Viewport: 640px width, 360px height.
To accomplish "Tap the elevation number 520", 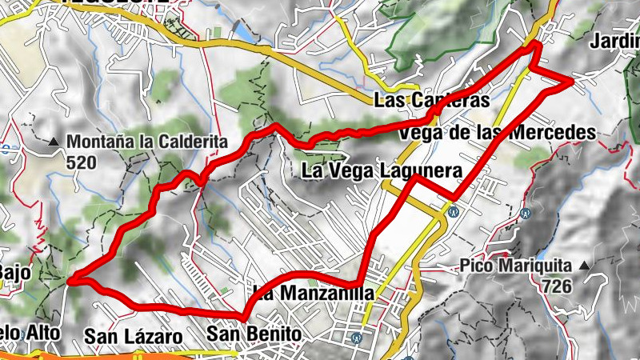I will point(81,163).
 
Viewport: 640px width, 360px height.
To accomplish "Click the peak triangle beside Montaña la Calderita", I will point(54,143).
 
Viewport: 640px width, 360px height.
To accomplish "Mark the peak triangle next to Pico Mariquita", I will point(586,265).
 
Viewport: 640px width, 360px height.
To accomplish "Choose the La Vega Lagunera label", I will point(381,170).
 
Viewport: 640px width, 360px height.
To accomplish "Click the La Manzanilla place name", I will point(312,294).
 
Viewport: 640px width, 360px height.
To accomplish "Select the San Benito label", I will point(254,333).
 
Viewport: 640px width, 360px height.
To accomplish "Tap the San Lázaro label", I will point(134,336).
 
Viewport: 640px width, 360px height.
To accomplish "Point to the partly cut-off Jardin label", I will point(614,42).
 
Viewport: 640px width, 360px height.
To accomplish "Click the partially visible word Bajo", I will point(15,274).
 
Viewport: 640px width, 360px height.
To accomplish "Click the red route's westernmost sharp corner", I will point(70,281).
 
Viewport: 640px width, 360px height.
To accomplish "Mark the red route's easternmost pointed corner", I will point(571,81).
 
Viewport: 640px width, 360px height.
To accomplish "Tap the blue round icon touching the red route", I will point(453,212).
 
